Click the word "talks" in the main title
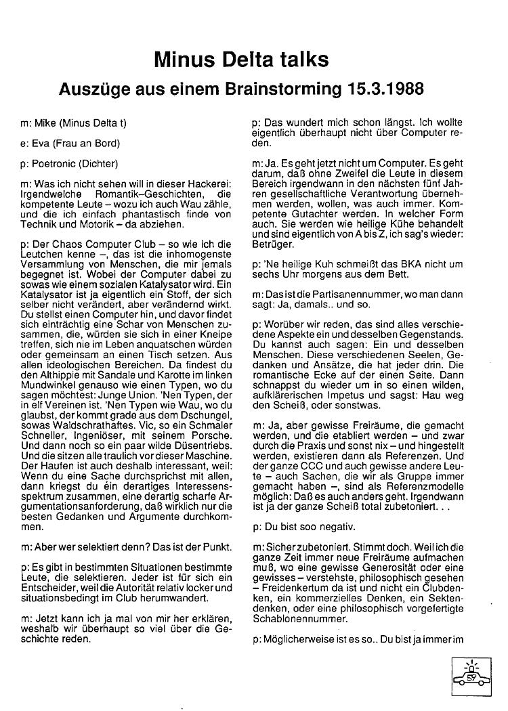299,60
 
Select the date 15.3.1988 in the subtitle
383,89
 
